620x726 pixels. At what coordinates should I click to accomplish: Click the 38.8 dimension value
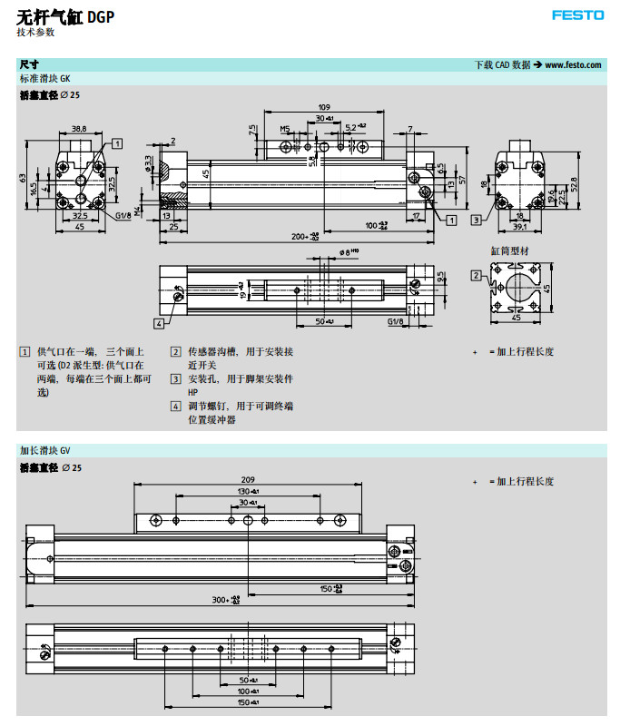click(79, 128)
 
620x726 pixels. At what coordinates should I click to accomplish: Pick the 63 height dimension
click(24, 179)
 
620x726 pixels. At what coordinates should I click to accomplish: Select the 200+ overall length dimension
click(304, 236)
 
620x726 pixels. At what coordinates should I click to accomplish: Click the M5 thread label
click(284, 129)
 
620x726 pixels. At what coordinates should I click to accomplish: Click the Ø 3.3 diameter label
click(148, 163)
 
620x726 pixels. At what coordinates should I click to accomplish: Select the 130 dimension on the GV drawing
click(247, 491)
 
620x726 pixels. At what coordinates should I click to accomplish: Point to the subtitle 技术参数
click(35, 32)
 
